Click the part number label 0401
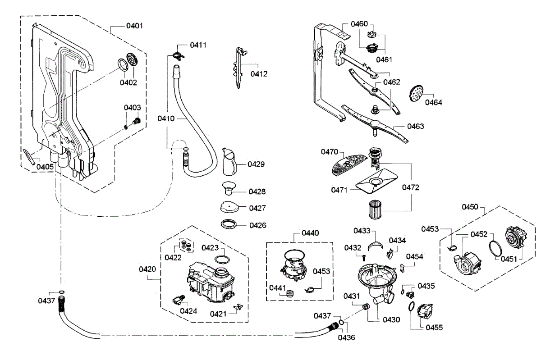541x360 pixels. [134, 26]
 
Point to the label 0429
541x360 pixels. [256, 164]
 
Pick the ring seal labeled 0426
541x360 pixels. [230, 223]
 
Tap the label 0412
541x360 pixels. [259, 74]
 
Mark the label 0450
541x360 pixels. [470, 207]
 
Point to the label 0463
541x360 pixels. [415, 127]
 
